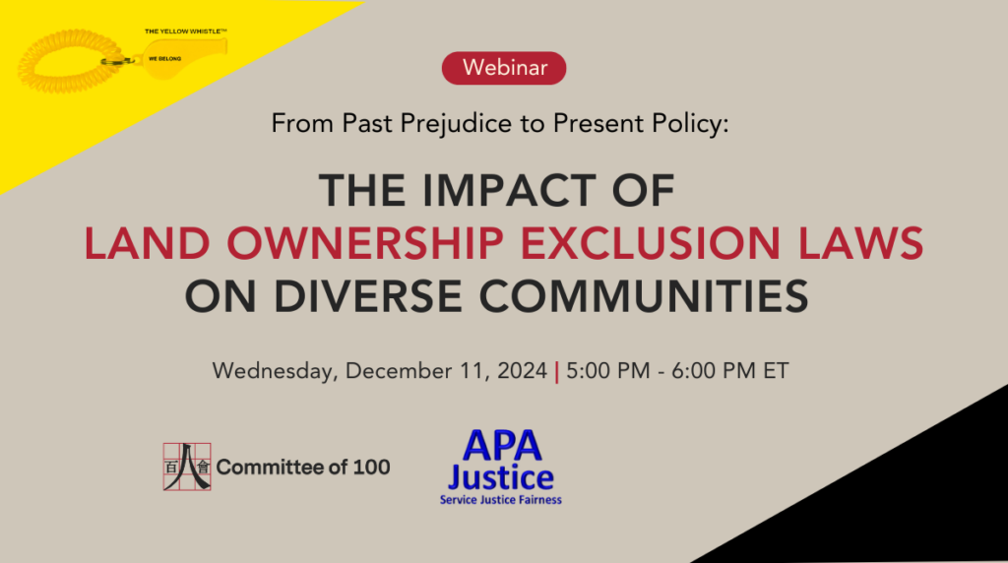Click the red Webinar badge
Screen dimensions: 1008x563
[504, 68]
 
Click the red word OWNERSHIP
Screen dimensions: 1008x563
[365, 243]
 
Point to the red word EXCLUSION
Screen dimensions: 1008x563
[651, 243]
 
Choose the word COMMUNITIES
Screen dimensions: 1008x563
[644, 296]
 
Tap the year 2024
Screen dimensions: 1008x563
[522, 371]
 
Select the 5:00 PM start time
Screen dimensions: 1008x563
[608, 371]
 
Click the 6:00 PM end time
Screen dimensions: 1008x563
[714, 371]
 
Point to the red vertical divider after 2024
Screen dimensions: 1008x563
[557, 371]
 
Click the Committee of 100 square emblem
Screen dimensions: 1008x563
[187, 467]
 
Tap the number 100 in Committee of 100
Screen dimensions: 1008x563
[371, 468]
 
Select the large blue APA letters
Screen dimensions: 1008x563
[502, 445]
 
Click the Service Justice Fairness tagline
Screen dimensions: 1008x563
[501, 500]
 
